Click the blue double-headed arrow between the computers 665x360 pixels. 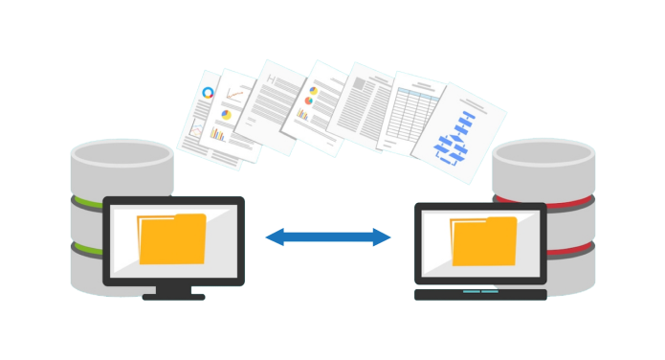tap(328, 236)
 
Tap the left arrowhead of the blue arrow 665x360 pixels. tap(273, 236)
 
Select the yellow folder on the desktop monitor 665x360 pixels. tap(172, 239)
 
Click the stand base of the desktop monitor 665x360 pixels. tap(173, 297)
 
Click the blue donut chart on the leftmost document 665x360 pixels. tap(208, 94)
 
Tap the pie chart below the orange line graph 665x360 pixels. tap(227, 115)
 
